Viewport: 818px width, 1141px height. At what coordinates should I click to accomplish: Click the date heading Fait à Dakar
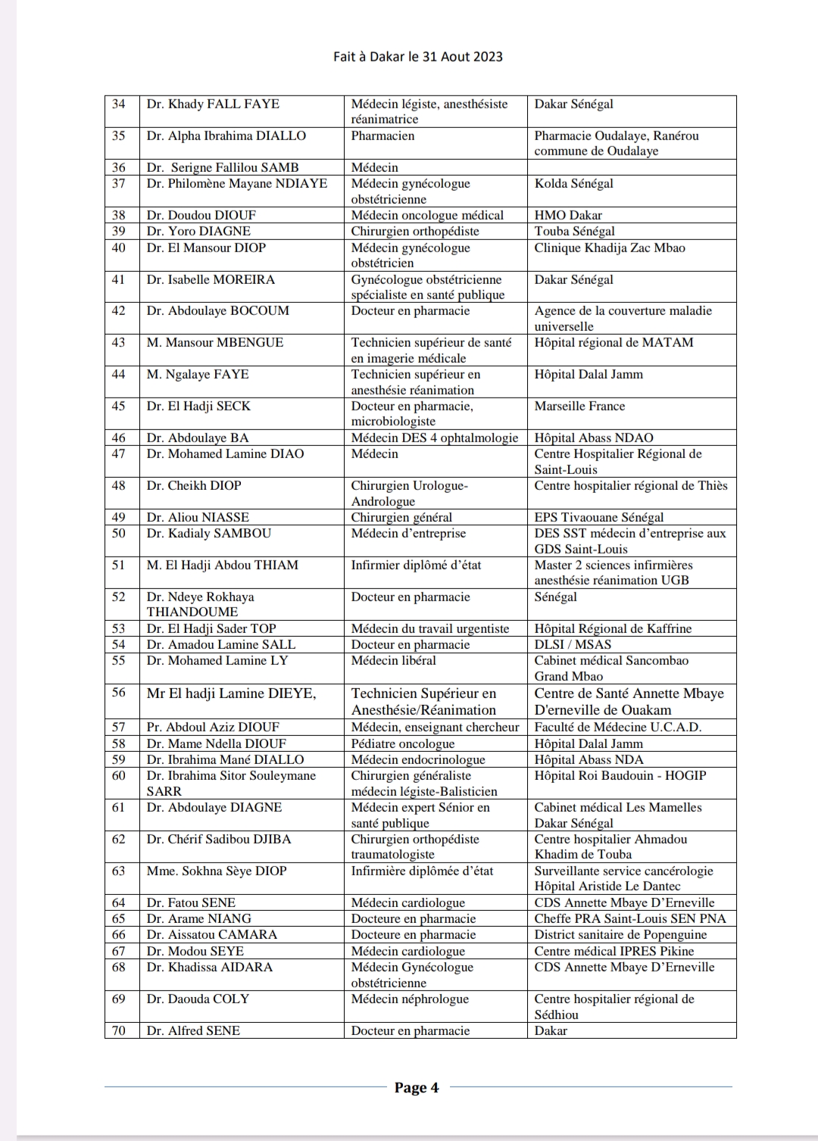(417, 57)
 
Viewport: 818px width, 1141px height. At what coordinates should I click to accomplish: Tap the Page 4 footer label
(417, 1088)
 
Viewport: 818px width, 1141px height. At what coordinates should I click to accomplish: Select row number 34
(119, 104)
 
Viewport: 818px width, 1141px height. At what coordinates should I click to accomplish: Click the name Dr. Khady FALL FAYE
(213, 104)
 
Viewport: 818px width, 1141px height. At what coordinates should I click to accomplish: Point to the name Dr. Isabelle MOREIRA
(211, 279)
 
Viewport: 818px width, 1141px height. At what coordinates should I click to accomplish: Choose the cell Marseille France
(579, 406)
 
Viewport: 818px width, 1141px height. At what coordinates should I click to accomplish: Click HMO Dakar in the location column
(568, 215)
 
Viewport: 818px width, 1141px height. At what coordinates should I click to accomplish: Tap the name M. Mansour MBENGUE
(215, 342)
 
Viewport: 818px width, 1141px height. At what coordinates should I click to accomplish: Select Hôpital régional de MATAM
(613, 342)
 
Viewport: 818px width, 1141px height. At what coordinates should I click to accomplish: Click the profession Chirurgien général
(401, 517)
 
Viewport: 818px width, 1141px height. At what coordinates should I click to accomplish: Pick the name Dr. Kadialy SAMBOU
(209, 533)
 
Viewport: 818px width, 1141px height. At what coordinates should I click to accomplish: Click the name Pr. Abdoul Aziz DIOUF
(213, 727)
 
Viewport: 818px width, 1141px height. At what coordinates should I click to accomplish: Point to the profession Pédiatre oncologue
(403, 744)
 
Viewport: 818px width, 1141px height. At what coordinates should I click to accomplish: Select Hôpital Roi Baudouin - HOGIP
(620, 775)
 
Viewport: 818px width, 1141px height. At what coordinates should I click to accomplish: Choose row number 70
(119, 1030)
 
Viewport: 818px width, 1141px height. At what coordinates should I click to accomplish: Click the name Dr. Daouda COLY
(198, 999)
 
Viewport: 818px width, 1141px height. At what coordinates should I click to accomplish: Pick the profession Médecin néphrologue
(410, 999)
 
